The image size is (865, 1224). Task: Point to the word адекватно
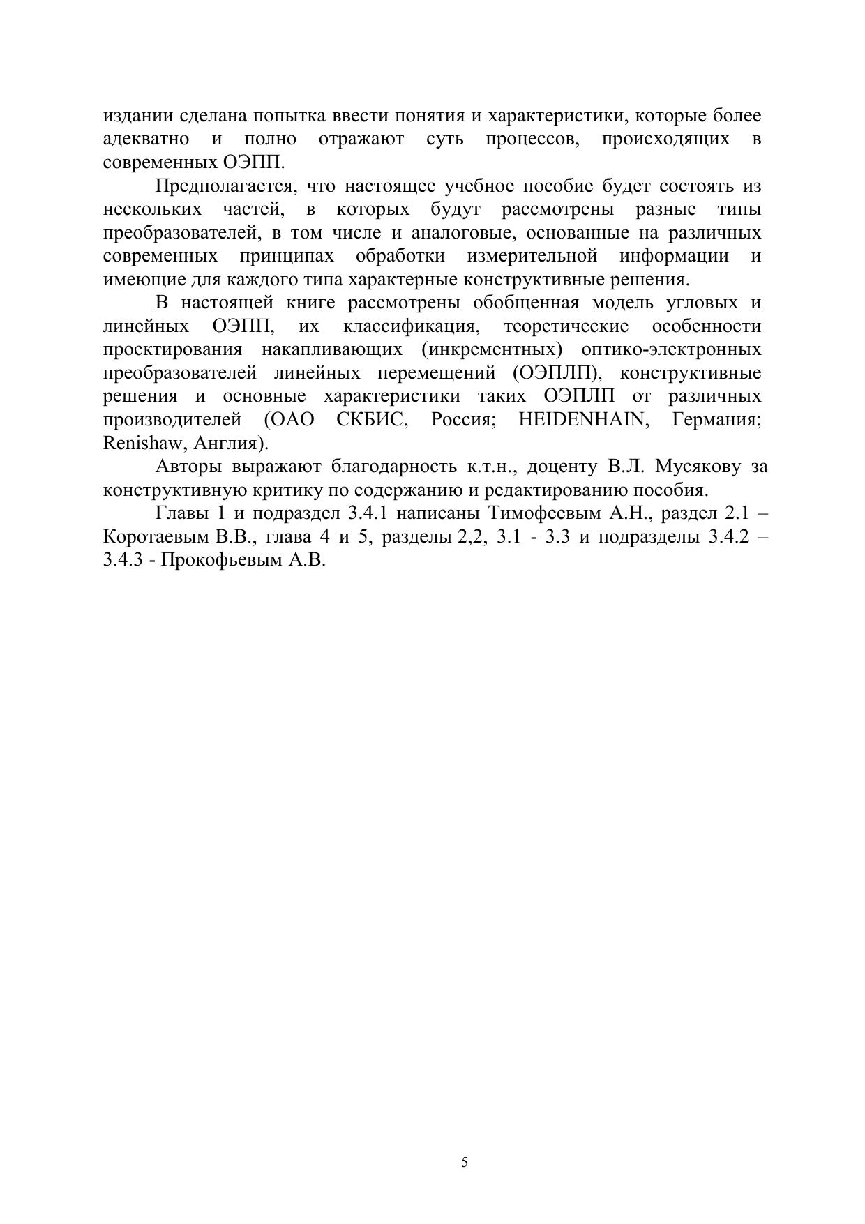(x=146, y=139)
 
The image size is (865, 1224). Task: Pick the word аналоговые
(x=472, y=233)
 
